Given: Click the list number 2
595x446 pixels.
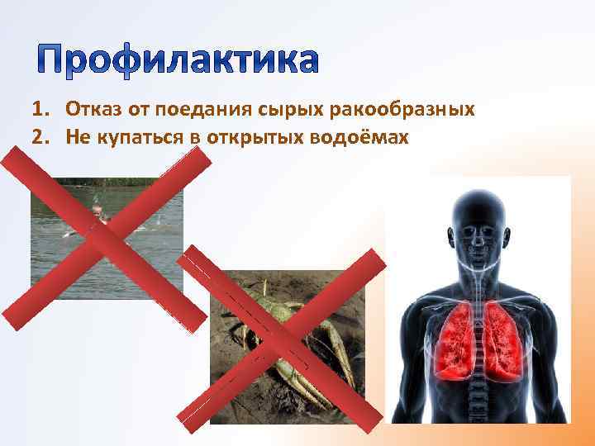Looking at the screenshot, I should pos(38,136).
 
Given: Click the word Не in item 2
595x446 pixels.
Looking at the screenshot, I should pos(78,136).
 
